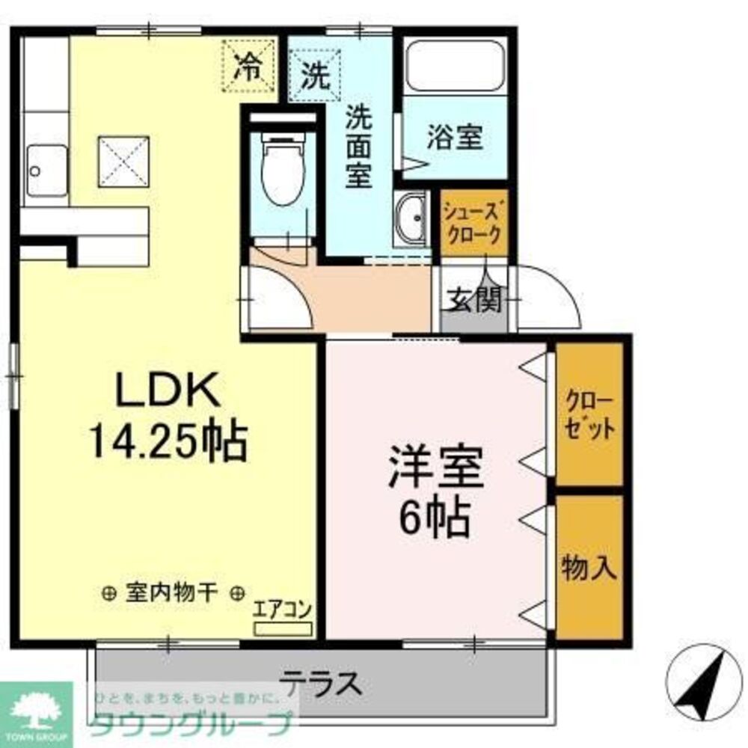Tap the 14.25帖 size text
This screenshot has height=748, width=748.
coord(168,441)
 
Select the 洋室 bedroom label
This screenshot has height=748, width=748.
coord(435,468)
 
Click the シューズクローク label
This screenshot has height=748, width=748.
coord(473,222)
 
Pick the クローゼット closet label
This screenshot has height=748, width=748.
coord(589,414)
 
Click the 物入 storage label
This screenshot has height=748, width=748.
coord(589,567)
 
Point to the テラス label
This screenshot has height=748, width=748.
coord(321,683)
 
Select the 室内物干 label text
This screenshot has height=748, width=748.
coord(173,594)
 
